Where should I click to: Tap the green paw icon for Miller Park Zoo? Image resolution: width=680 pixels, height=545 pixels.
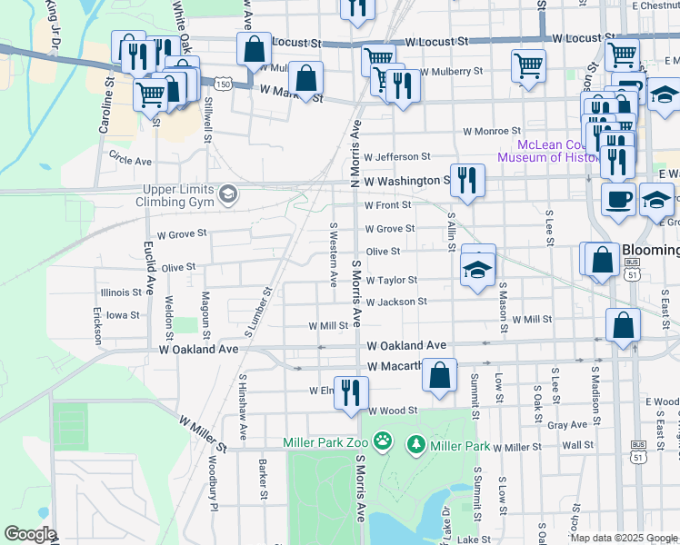pos(385,442)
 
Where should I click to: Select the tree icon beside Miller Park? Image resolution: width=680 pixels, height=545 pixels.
pos(415,445)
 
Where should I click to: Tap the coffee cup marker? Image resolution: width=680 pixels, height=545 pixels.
pos(618,200)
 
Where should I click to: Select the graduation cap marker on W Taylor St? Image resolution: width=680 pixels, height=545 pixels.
pos(477,270)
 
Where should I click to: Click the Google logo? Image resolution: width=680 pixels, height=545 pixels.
pos(29,534)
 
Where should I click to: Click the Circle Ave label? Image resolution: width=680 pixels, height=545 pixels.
pos(130,160)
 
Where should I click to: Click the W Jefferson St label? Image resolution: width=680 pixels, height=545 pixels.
pos(396,157)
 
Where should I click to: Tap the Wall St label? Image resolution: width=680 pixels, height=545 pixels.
pos(577,445)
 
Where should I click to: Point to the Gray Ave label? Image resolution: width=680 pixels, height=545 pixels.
pos(567,424)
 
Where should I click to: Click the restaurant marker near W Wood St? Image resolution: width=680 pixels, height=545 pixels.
pos(351,392)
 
